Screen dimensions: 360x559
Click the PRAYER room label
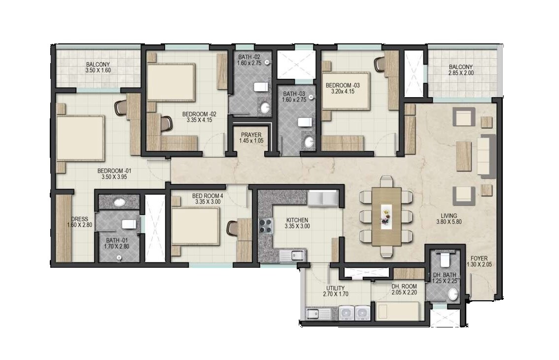251,135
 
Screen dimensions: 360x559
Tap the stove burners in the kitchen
266,226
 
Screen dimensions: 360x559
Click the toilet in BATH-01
129,224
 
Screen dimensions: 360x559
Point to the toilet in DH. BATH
446,260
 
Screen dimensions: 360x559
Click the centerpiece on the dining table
386,216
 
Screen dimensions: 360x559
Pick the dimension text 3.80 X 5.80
449,222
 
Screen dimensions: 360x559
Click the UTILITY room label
335,288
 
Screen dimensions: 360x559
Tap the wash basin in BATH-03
309,143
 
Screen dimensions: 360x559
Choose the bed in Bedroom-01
80,138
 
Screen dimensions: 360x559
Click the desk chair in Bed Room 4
232,228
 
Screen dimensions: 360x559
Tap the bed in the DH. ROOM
397,311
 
